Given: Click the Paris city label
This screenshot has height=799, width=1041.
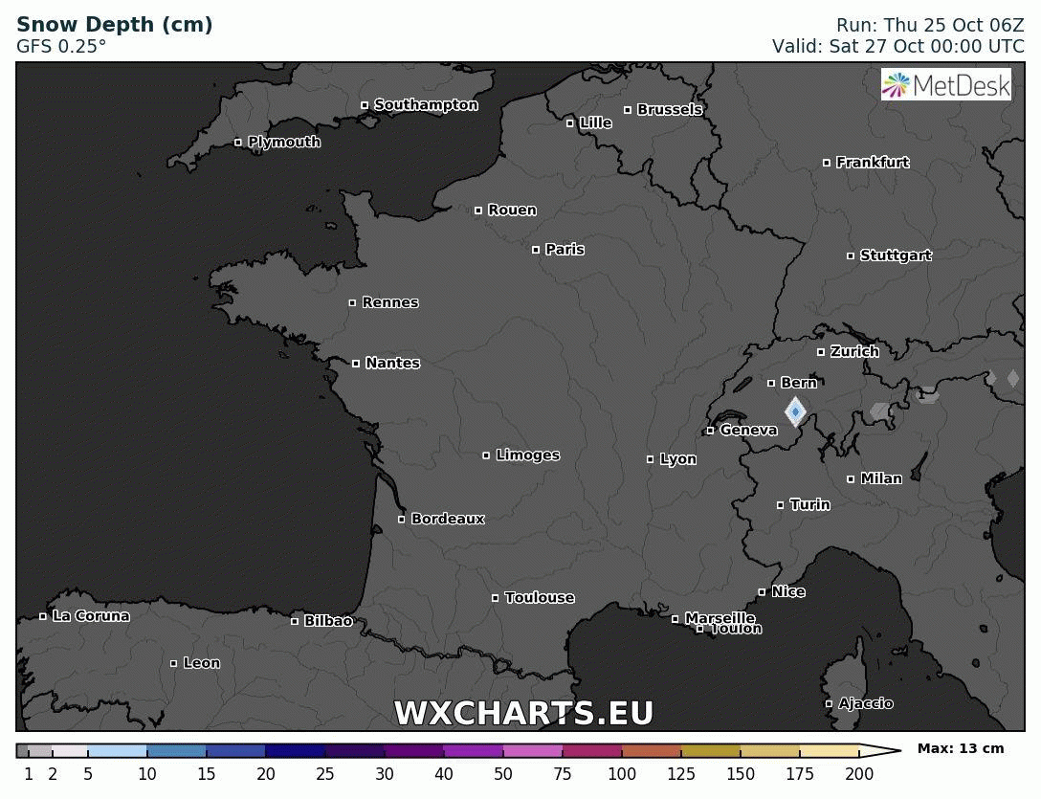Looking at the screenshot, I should pos(565,250).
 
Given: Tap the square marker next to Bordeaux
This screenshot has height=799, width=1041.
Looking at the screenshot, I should pos(402,520).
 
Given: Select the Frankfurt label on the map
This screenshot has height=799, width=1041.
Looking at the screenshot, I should pos(872,163).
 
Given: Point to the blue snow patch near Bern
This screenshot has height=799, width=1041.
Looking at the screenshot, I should pos(795,411).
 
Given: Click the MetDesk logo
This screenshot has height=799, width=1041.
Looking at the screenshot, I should pos(945,85).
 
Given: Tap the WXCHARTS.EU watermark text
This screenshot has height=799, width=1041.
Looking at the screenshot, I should pos(523,714).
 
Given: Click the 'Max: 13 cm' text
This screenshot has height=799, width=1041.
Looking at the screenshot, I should pos(961,749).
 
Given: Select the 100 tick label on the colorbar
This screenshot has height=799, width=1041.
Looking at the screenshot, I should pos(622,774).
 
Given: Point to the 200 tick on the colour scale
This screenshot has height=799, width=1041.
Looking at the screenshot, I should pos(859,774).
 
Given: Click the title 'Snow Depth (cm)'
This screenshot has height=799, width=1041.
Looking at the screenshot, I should pos(115,25).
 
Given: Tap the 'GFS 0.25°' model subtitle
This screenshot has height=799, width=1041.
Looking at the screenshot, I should pos(61,46).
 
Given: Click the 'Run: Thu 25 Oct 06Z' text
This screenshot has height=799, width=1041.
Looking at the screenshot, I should pos(930,26).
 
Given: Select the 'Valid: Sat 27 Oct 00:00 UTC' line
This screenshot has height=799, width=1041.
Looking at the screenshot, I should pos(898,46).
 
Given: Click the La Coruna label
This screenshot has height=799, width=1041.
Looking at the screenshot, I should pos(91,616).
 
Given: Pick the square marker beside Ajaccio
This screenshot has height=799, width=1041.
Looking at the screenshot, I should pos(830,704).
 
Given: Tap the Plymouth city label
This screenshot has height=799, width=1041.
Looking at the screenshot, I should pos(284,143).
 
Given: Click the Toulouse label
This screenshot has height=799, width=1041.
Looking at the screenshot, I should pos(540,598).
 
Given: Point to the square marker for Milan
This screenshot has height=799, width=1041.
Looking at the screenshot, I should pos(851,479).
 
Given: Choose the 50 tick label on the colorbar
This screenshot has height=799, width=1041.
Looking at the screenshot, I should pos(503,774).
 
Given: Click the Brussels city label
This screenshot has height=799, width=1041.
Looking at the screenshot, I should pos(670,110).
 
